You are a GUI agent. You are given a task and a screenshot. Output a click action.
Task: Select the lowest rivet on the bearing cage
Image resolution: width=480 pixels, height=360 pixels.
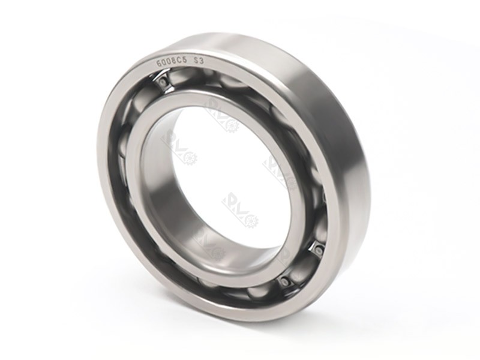pos(284,280)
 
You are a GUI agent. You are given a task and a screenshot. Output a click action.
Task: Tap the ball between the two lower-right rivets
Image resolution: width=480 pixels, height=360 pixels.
pos(304,264)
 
